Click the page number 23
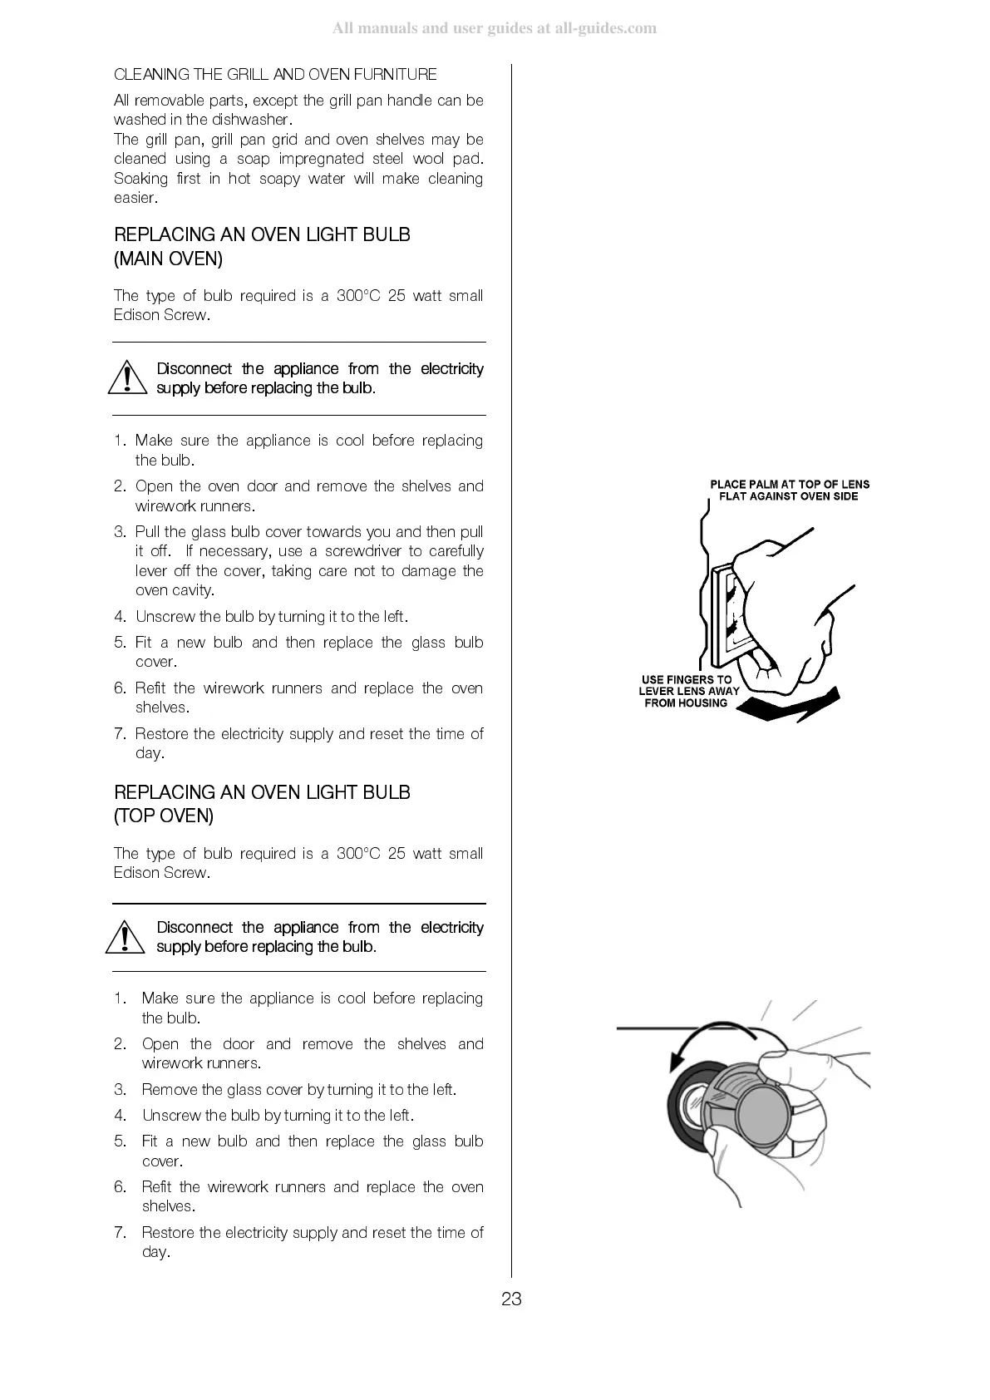tap(511, 1299)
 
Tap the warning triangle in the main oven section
tap(126, 377)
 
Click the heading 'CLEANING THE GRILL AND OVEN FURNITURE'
tap(275, 75)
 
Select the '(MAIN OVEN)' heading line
tap(168, 259)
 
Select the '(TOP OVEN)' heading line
tap(164, 816)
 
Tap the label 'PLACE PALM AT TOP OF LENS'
tap(789, 484)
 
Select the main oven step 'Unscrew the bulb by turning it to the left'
tap(271, 617)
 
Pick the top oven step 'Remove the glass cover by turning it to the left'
tap(298, 1090)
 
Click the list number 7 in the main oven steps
tap(119, 734)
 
